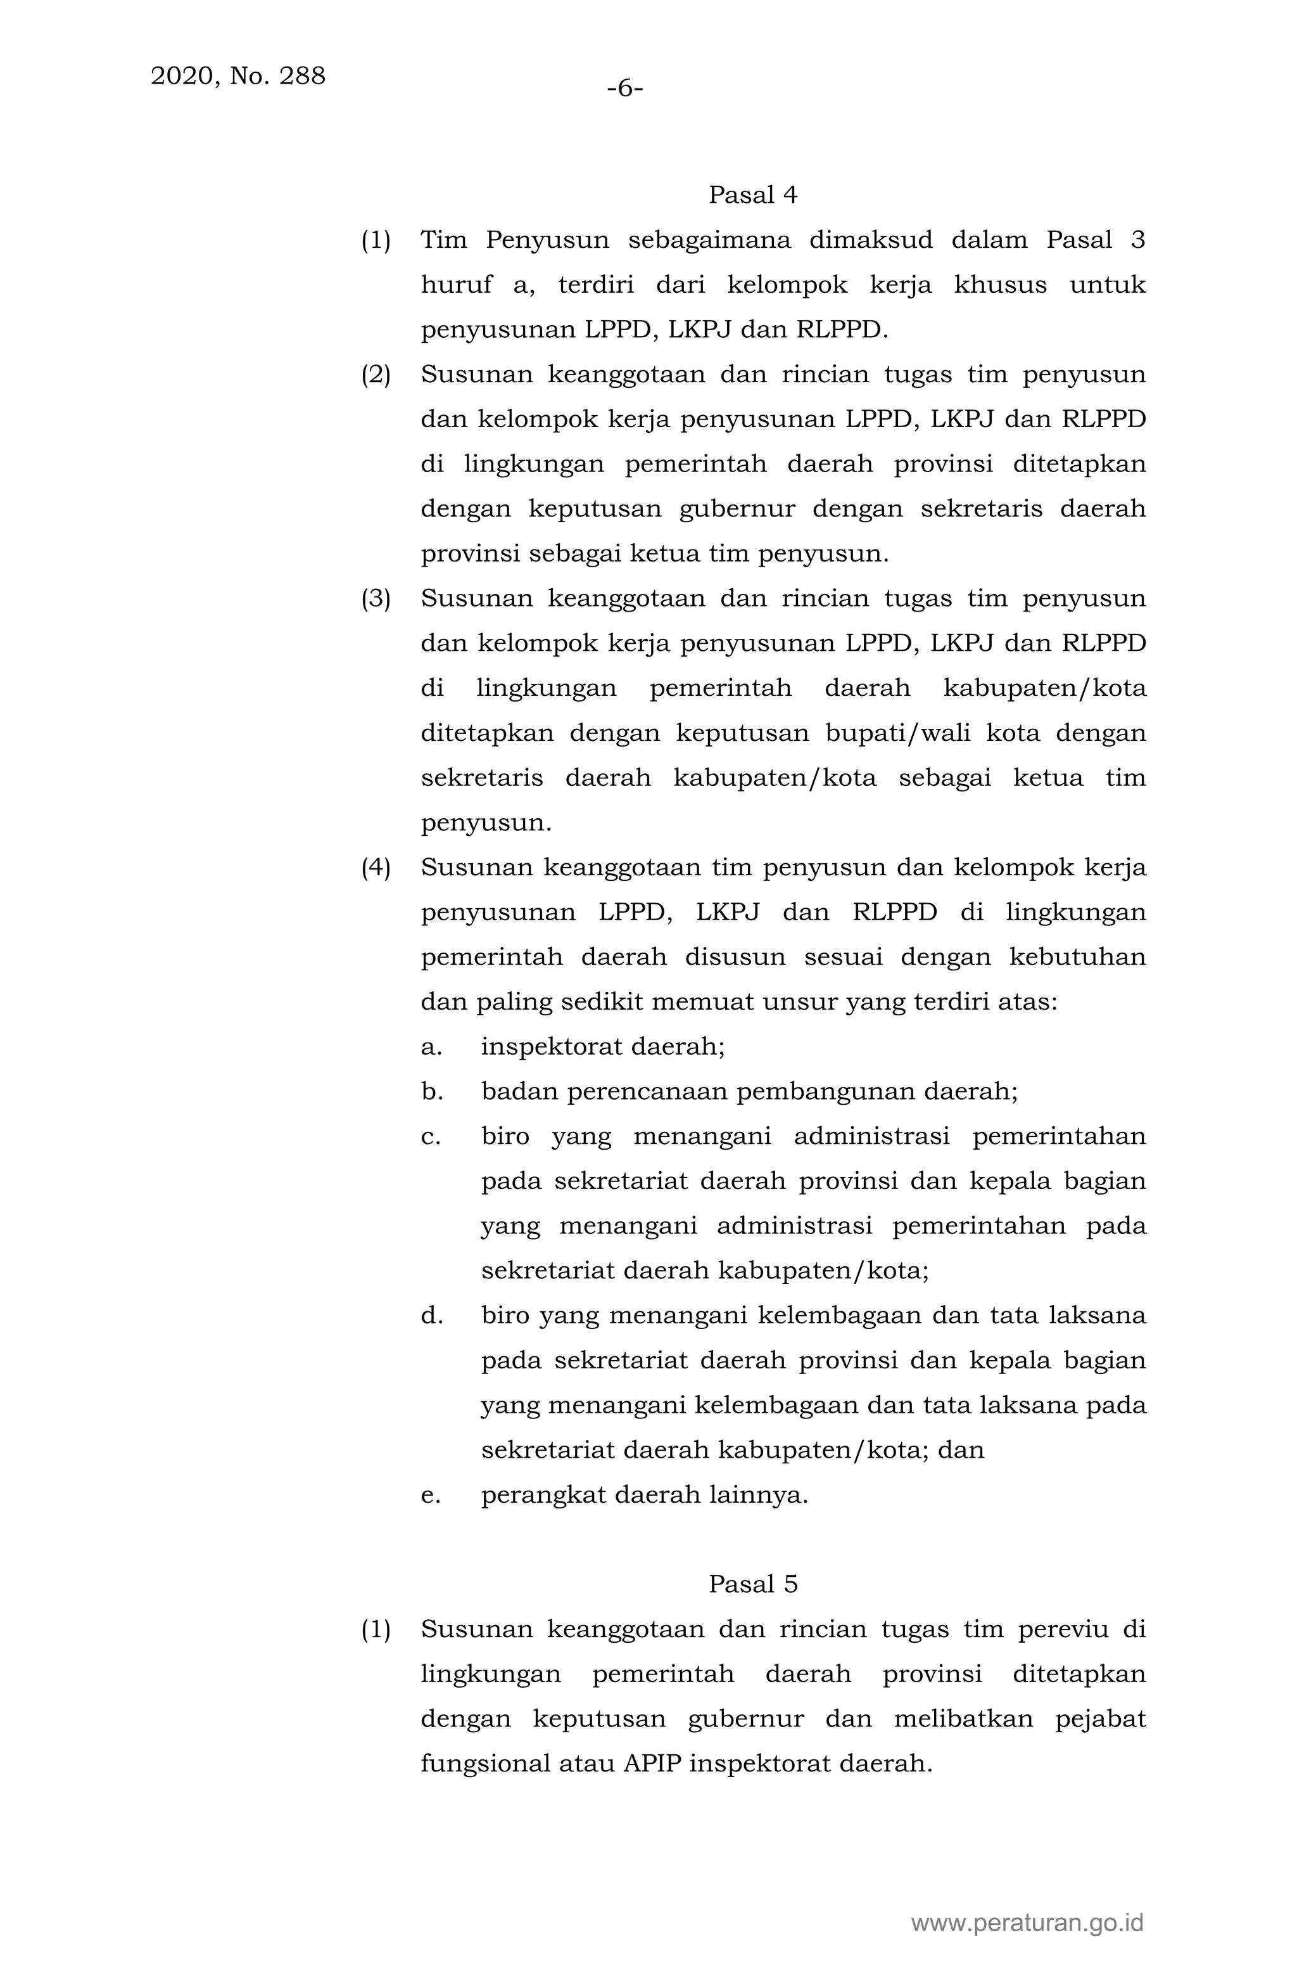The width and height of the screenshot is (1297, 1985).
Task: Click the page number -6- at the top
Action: click(624, 87)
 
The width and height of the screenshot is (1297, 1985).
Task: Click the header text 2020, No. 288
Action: click(237, 76)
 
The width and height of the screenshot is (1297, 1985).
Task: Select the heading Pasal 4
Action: click(753, 195)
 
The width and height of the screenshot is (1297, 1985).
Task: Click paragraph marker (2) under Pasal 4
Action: click(375, 375)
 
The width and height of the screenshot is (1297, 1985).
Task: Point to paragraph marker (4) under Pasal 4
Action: click(375, 868)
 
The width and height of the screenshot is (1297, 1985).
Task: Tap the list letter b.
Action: click(431, 1092)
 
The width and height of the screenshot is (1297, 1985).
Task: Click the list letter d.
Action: click(431, 1316)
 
